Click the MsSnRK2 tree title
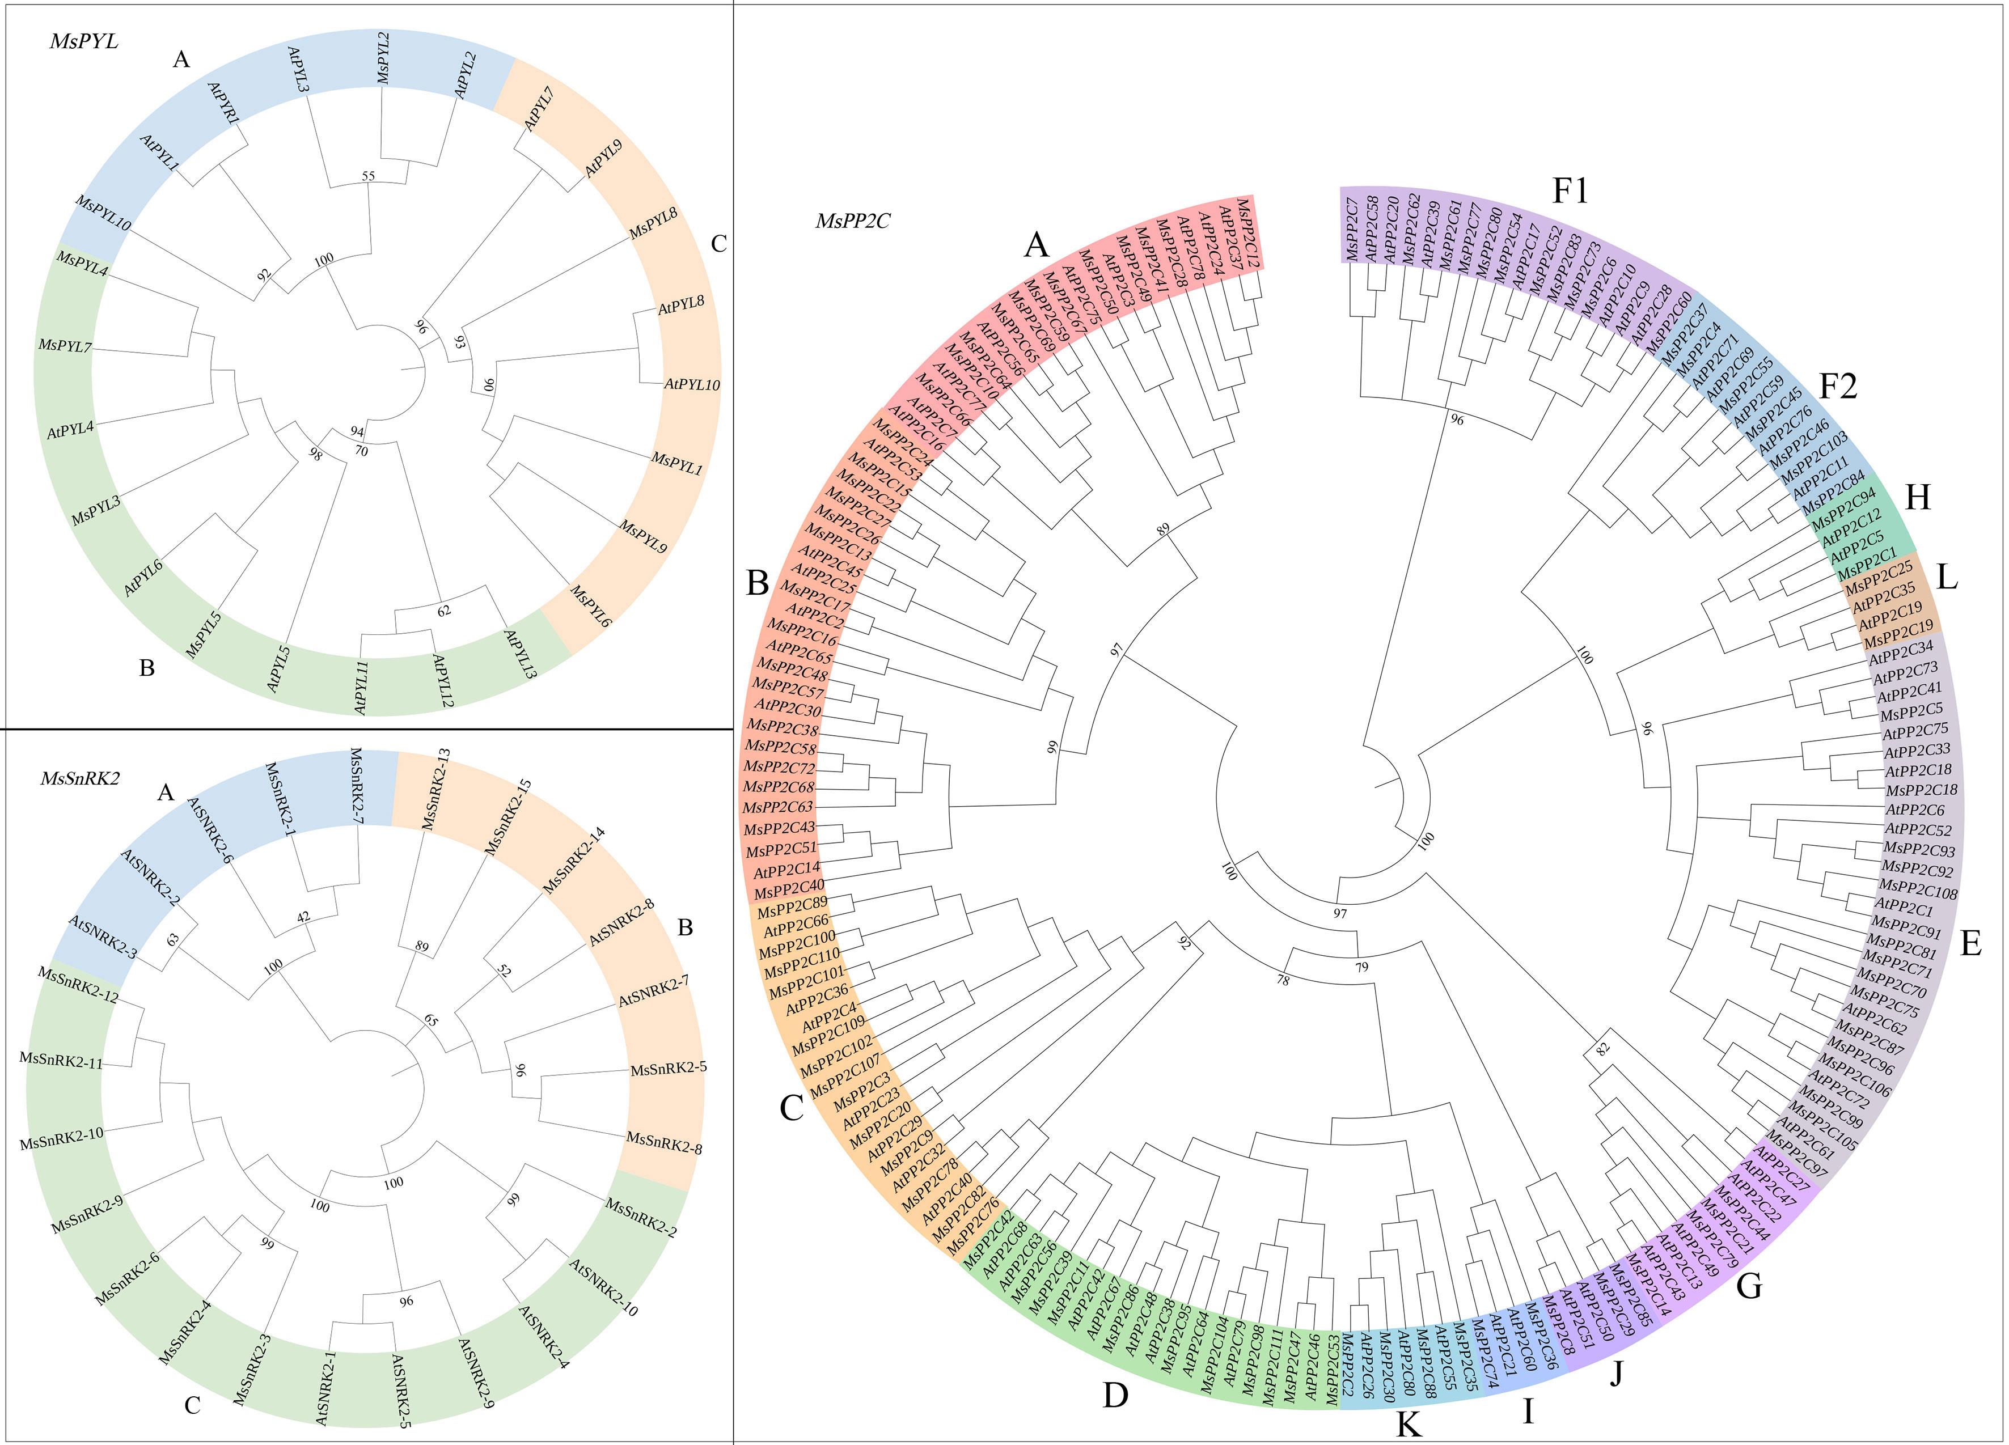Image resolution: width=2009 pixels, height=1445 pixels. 80,778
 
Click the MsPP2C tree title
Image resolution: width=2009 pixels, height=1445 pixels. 852,221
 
